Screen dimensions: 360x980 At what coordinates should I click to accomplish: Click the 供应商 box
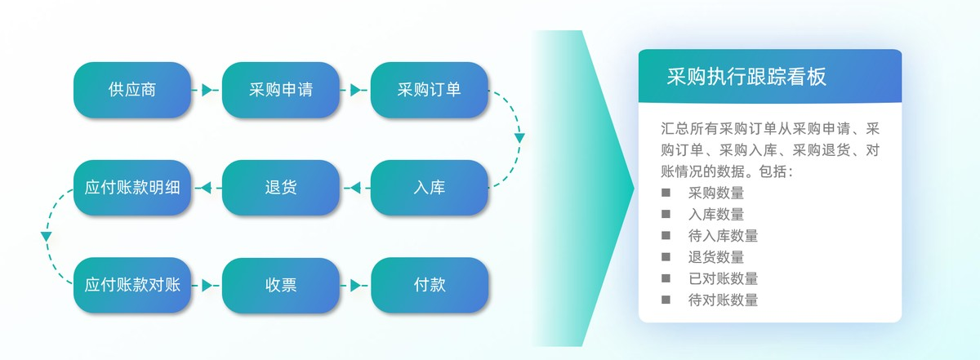point(132,90)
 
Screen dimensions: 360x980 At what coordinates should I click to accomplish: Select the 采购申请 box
point(281,90)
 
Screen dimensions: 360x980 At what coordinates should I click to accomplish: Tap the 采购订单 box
point(430,90)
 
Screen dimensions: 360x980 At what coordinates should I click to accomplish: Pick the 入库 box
point(430,188)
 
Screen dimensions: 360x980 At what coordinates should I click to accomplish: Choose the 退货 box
point(281,188)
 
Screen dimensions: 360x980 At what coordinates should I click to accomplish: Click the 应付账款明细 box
point(132,188)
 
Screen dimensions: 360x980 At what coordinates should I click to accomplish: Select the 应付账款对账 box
point(132,286)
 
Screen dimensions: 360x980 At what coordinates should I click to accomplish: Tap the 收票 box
point(281,286)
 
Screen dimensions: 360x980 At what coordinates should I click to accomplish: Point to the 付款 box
point(430,286)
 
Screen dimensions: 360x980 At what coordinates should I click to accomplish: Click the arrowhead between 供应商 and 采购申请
point(207,90)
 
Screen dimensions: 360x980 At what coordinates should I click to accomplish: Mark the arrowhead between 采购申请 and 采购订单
point(355,90)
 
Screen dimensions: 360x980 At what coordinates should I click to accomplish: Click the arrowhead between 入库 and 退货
point(354,189)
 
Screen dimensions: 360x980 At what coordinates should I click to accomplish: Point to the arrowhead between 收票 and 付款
point(355,286)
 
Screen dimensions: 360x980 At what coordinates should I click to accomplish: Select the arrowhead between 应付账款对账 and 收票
point(207,286)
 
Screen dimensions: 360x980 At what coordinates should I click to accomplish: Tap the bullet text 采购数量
point(716,193)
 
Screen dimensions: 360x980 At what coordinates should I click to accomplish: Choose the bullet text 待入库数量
point(723,236)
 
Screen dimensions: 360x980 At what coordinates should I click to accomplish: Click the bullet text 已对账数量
point(723,278)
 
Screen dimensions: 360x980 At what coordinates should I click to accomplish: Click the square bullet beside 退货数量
point(666,256)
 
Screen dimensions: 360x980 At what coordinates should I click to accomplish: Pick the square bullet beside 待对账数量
point(666,299)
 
